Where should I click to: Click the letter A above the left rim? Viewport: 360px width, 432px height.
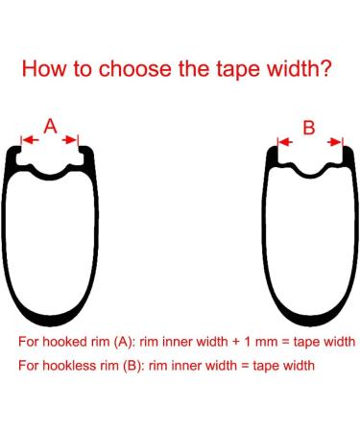point(51,126)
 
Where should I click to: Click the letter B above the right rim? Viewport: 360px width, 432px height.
point(308,127)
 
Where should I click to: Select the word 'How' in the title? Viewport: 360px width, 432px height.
point(43,70)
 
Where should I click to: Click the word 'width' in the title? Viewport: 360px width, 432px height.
point(290,70)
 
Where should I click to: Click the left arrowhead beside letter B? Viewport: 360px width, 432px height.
point(282,141)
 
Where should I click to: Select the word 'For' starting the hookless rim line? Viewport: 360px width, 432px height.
point(28,366)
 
